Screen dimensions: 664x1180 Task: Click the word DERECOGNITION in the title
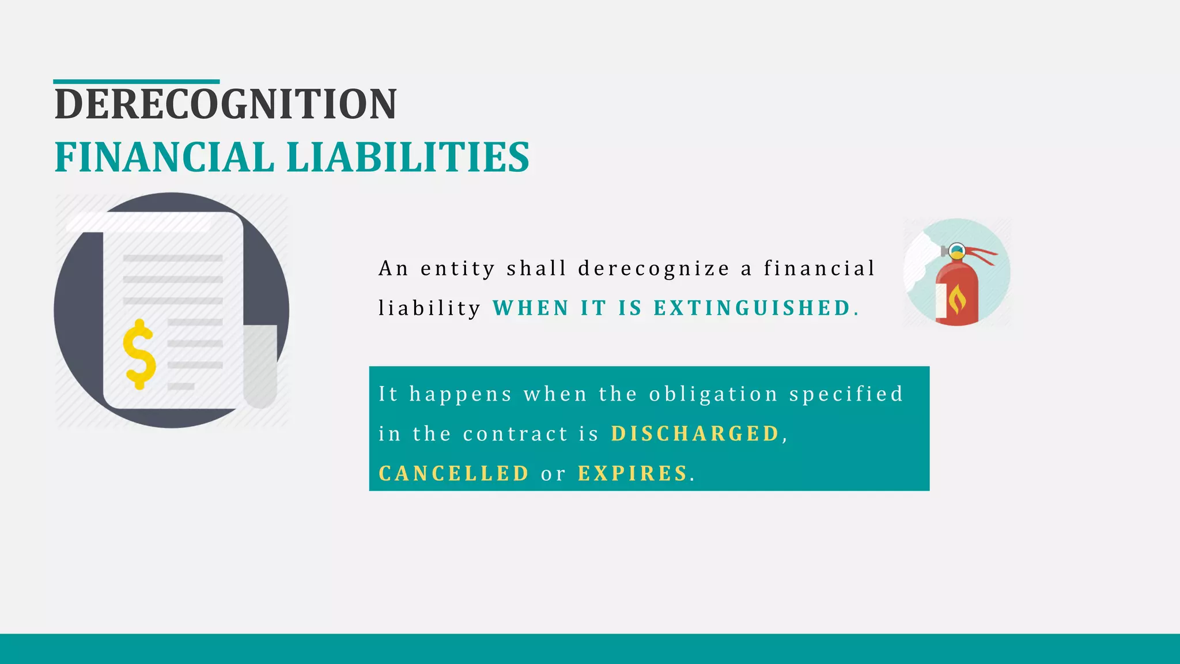225,104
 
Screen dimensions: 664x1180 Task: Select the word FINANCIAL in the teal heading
164,157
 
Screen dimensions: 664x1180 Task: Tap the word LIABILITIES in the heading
408,157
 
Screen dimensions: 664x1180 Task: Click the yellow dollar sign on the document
139,354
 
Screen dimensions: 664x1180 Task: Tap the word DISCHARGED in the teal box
695,434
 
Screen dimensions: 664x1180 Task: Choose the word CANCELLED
453,474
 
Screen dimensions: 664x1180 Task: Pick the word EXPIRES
633,474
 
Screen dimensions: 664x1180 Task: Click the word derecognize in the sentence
653,269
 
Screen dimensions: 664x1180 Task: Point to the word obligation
713,395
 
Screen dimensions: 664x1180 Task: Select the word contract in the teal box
515,434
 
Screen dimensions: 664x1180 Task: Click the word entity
457,269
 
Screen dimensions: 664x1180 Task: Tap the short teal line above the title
137,82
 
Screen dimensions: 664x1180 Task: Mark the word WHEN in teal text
531,308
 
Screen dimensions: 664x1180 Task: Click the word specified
846,395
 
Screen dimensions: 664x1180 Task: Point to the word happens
460,395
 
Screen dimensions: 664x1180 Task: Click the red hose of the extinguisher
982,254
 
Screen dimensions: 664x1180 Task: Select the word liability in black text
429,308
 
